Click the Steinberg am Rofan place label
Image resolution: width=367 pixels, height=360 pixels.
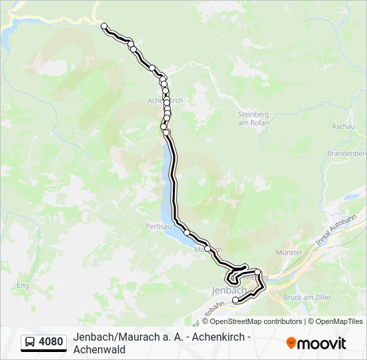[x=253, y=117]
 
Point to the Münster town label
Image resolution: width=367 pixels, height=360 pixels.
[x=289, y=253]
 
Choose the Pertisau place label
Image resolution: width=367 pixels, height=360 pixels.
[x=159, y=227]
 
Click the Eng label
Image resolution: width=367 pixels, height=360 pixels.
[x=23, y=285]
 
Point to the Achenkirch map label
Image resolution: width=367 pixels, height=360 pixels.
[x=164, y=100]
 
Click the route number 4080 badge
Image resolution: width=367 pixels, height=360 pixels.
[x=51, y=343]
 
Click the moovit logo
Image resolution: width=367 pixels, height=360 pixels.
[x=316, y=343]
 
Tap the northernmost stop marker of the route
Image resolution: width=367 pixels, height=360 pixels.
[x=104, y=27]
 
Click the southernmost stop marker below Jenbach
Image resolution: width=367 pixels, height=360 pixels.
[x=235, y=301]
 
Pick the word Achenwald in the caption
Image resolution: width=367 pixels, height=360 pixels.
[x=99, y=349]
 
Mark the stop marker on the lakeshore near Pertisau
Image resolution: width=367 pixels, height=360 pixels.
[x=187, y=232]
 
